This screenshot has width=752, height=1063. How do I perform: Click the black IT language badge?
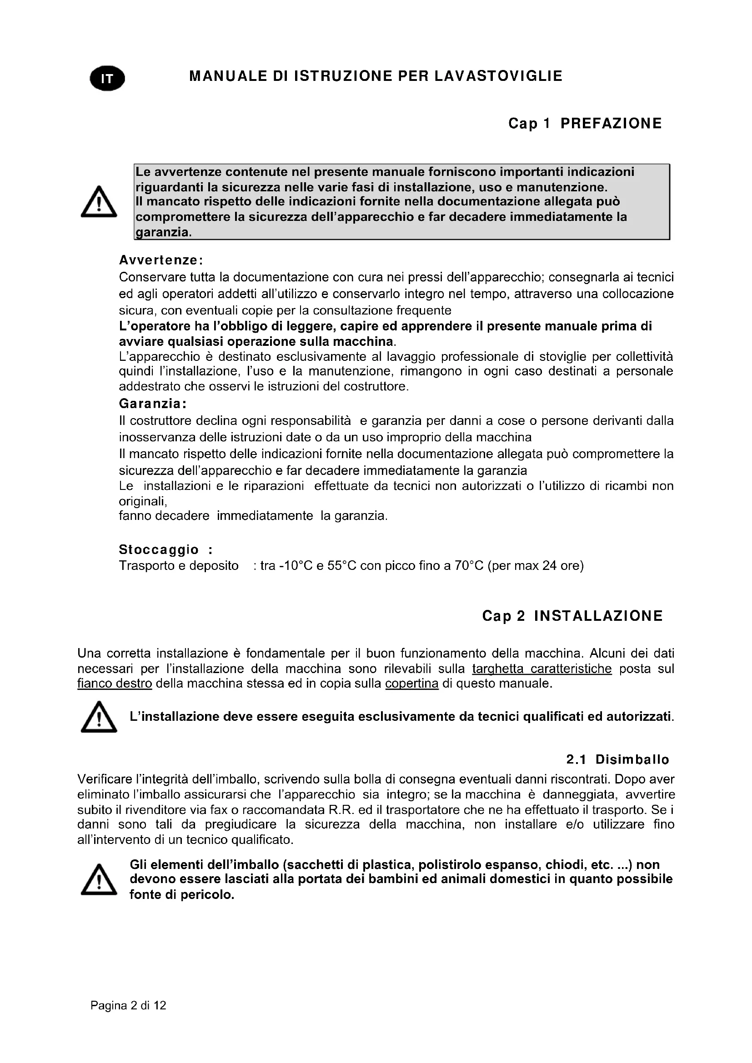tap(107, 79)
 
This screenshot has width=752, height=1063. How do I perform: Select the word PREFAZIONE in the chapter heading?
tap(611, 124)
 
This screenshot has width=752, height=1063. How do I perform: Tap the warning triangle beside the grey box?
tap(99, 202)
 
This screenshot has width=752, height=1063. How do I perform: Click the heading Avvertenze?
tap(160, 260)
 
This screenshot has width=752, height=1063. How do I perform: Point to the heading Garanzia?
tap(152, 404)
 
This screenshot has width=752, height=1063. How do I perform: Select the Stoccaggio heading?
tap(159, 549)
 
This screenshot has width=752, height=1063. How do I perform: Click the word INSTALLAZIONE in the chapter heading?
tap(598, 616)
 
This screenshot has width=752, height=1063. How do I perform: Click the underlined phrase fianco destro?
tap(115, 684)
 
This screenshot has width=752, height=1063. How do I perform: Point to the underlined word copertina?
tap(411, 684)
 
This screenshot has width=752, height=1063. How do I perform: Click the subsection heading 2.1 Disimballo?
tap(617, 760)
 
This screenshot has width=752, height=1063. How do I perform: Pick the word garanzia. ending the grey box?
tap(163, 232)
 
